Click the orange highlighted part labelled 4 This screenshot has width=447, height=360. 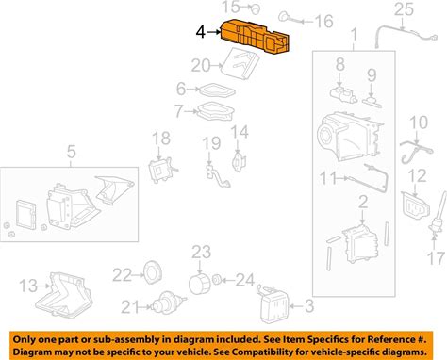[x=255, y=36]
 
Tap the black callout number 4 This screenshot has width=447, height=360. [x=201, y=32]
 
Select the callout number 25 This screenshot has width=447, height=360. [x=404, y=9]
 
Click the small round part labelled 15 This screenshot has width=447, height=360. [x=256, y=9]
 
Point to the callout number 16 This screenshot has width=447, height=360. [x=323, y=22]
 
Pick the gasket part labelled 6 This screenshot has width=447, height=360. [x=218, y=90]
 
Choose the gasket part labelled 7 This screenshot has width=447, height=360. [x=216, y=111]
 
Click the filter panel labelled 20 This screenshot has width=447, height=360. [x=240, y=64]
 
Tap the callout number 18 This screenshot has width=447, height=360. [x=161, y=139]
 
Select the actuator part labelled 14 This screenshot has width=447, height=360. [x=239, y=160]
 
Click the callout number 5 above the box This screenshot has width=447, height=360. [x=72, y=152]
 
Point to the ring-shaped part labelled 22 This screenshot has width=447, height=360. [x=153, y=273]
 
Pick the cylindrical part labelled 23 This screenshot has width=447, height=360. [x=199, y=284]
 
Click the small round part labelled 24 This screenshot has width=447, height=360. [x=217, y=279]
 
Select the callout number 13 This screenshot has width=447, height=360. [x=28, y=286]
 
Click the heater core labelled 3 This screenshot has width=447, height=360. [x=273, y=303]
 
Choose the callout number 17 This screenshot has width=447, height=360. [x=437, y=258]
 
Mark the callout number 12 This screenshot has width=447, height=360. [x=417, y=176]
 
